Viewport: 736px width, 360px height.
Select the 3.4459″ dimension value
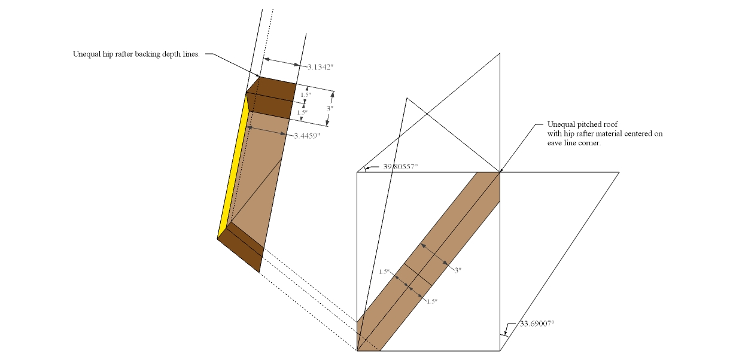pyautogui.click(x=307, y=136)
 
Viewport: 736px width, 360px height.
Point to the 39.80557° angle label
pyautogui.click(x=400, y=167)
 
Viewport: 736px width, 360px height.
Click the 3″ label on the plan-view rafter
pyautogui.click(x=458, y=270)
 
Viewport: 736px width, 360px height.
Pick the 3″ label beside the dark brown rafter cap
pyautogui.click(x=330, y=108)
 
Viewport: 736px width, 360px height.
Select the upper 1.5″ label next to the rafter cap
pyautogui.click(x=305, y=94)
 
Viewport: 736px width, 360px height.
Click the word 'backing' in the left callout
pyautogui.click(x=149, y=54)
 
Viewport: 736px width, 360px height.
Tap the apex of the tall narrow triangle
pyautogui.click(x=407, y=97)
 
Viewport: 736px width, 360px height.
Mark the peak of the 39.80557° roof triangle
pyautogui.click(x=500, y=53)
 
